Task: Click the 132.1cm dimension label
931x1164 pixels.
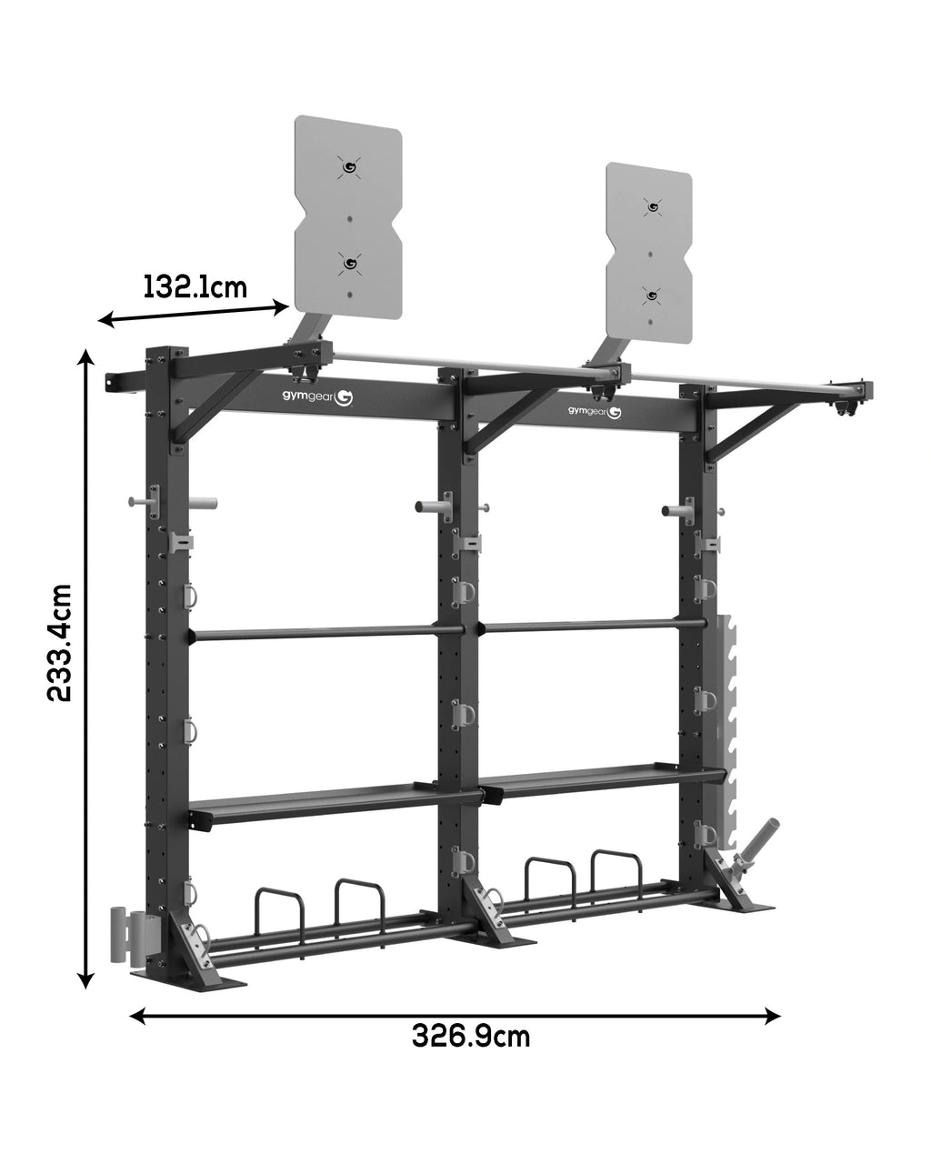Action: (x=195, y=287)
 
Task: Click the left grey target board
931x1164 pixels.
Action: (x=348, y=218)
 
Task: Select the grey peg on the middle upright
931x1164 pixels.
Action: (x=432, y=505)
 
